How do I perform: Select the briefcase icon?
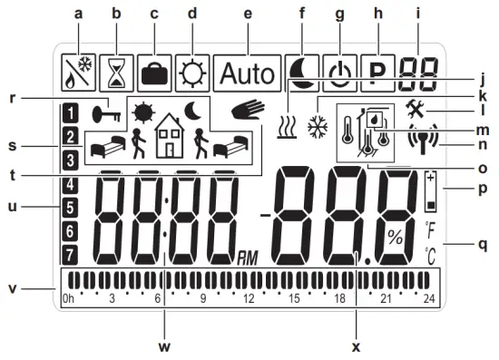pos(154,70)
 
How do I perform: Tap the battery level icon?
pos(430,191)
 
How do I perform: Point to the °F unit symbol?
pos(430,227)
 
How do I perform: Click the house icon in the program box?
pos(170,140)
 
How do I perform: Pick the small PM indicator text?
pos(247,260)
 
